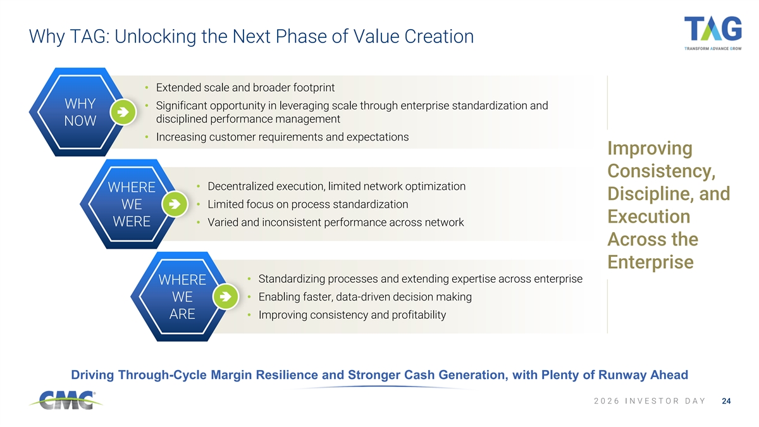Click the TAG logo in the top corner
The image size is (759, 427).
713,33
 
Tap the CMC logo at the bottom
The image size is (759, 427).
66,400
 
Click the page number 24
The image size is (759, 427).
726,401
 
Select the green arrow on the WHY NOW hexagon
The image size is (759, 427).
123,112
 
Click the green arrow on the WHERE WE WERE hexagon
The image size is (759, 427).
175,204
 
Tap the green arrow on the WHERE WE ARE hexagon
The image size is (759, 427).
225,297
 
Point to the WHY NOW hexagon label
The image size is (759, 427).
80,112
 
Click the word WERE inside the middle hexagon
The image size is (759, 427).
132,221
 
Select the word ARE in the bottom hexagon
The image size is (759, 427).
182,314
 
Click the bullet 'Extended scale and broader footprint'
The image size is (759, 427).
245,87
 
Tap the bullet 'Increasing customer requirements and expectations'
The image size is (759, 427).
282,137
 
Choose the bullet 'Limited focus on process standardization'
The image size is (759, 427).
307,204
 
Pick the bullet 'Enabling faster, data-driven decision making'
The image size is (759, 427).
365,297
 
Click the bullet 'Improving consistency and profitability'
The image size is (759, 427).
352,315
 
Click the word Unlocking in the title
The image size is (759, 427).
156,36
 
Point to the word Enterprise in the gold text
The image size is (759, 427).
650,262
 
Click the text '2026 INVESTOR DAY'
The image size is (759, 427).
650,401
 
